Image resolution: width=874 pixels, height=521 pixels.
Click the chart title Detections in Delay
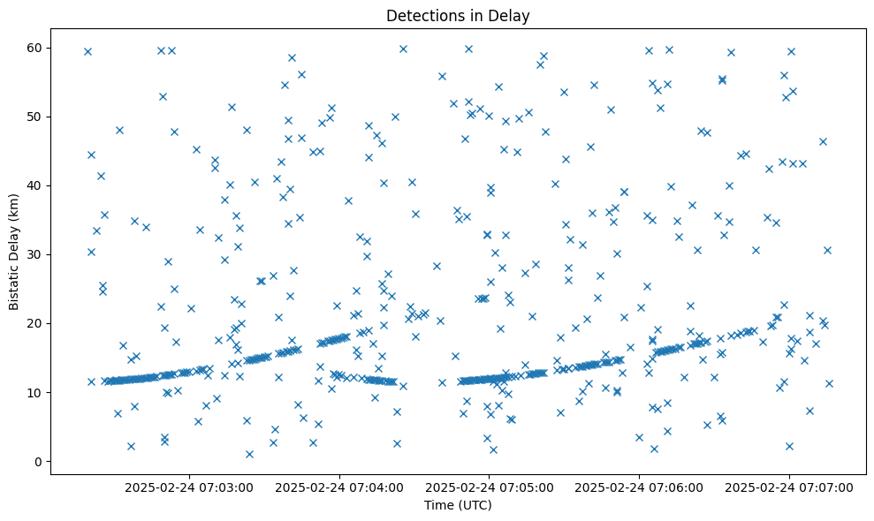coord(458,16)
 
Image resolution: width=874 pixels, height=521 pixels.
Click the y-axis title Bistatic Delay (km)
coord(14,253)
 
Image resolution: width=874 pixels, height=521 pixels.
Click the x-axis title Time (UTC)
coord(458,505)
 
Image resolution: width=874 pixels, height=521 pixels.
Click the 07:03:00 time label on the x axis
coord(189,487)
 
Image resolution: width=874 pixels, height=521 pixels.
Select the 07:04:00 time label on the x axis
coord(339,487)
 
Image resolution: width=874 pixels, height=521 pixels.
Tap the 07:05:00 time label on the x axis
coord(490,487)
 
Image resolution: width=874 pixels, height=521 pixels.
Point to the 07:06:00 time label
coord(640,487)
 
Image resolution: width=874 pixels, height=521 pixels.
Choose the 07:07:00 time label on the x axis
coord(790,487)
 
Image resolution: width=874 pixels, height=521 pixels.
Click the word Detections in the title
coord(421,16)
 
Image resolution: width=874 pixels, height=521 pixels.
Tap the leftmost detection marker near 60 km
coord(87,51)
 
